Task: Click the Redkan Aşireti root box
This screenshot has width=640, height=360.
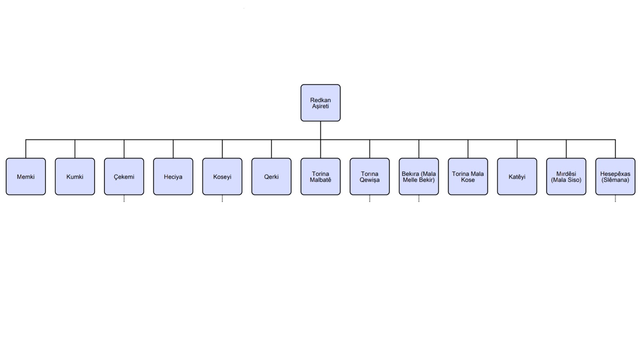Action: point(320,103)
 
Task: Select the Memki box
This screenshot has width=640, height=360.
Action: point(26,176)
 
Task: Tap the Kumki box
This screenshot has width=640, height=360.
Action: point(75,176)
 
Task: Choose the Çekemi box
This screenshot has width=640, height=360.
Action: point(124,176)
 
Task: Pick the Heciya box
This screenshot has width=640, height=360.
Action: point(173,176)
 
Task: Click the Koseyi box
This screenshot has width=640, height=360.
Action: point(222,176)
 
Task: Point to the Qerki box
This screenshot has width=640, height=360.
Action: point(271,176)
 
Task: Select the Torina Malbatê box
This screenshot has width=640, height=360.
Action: point(320,176)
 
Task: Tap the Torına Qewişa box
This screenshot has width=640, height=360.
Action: point(370,176)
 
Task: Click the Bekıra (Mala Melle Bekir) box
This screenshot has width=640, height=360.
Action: point(419,176)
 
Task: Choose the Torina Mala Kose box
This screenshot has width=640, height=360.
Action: point(468,176)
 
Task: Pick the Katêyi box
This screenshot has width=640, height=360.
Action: point(517,176)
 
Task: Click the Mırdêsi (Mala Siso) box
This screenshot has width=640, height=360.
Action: point(566,176)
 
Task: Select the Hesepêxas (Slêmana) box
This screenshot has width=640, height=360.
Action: point(615,176)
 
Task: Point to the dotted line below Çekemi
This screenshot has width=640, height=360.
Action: point(124,198)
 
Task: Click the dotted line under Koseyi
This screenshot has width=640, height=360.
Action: point(222,198)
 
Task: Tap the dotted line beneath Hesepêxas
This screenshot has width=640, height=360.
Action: point(615,198)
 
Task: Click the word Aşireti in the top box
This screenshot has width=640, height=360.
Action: point(320,106)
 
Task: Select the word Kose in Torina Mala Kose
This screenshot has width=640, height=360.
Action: point(468,180)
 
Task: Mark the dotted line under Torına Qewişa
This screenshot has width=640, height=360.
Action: point(370,198)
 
